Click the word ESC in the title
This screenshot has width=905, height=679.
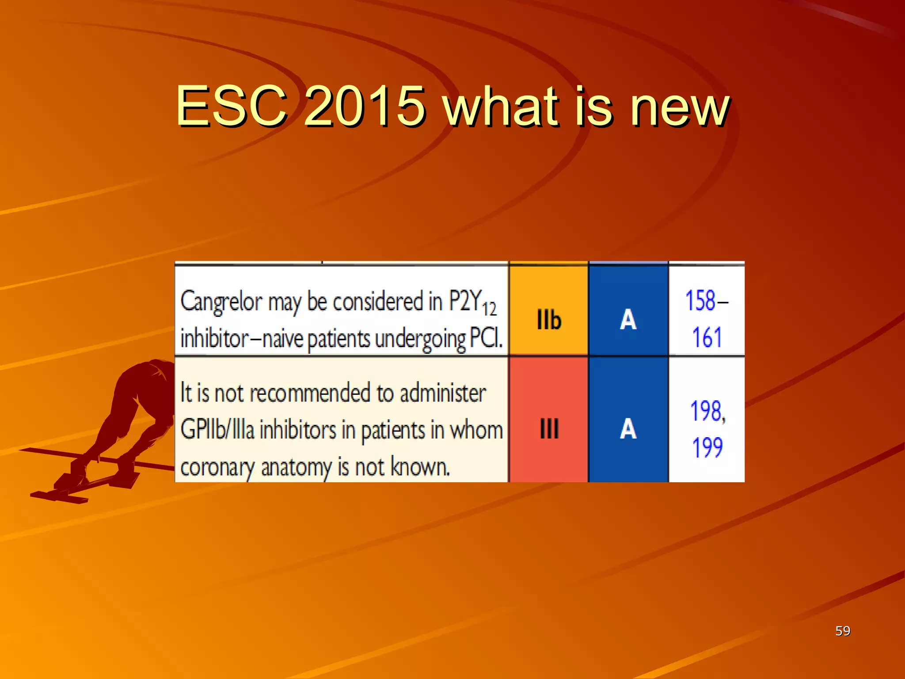pyautogui.click(x=232, y=106)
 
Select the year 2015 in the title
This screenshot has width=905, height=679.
pyautogui.click(x=365, y=106)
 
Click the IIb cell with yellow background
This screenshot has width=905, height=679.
pyautogui.click(x=549, y=320)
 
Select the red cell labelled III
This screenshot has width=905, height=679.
pyautogui.click(x=549, y=428)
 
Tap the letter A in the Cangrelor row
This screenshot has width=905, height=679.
pyautogui.click(x=628, y=320)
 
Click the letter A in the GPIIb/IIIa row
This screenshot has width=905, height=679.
pyautogui.click(x=628, y=428)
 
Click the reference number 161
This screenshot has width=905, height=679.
pyautogui.click(x=706, y=338)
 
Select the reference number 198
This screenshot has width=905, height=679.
pyautogui.click(x=707, y=411)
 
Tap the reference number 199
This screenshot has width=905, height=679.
pyautogui.click(x=707, y=447)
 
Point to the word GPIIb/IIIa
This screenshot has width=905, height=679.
pyautogui.click(x=217, y=430)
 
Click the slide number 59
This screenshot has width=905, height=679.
pyautogui.click(x=842, y=631)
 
